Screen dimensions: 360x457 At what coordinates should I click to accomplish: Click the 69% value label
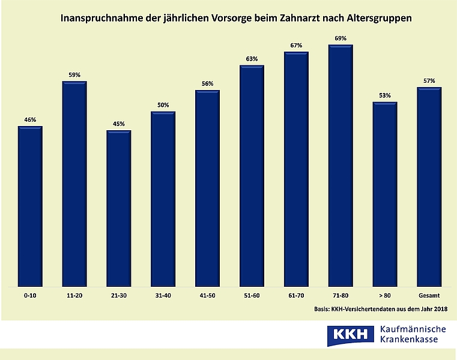340,39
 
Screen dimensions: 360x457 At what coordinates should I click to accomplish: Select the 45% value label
119,124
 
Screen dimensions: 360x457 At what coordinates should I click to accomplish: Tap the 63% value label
252,59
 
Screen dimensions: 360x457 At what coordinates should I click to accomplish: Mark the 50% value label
163,106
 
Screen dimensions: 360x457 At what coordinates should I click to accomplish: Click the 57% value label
429,81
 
